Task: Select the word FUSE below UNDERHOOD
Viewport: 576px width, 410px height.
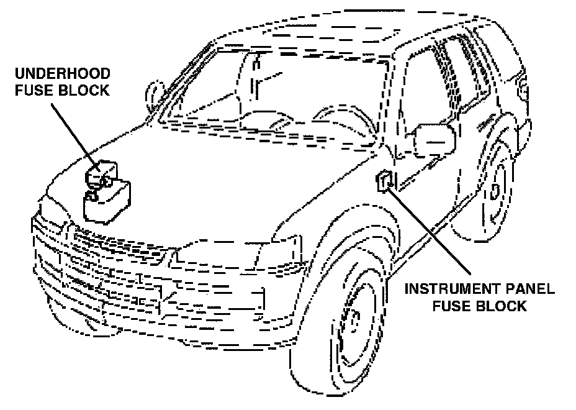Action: [x=32, y=91]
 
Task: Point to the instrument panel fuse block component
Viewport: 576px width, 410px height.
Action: [x=385, y=181]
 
